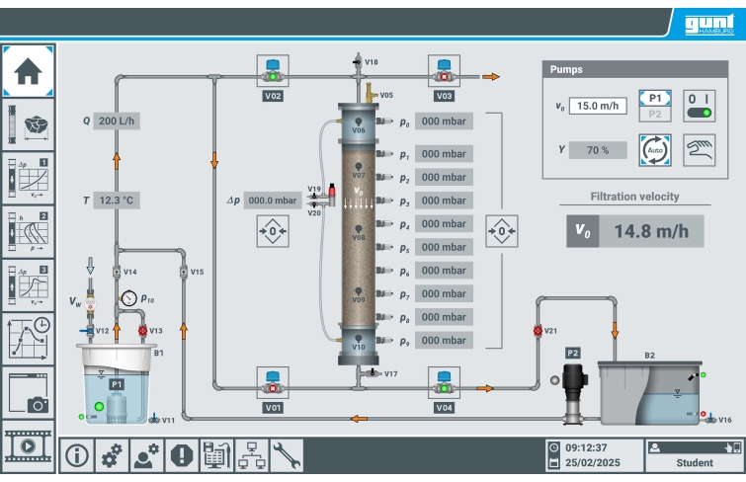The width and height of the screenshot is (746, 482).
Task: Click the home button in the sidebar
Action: click(28, 69)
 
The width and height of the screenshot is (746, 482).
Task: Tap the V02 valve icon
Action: click(273, 71)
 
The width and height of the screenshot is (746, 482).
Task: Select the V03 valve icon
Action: click(444, 71)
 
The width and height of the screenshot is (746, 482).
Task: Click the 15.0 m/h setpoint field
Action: click(598, 106)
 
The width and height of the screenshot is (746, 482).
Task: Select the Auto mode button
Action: click(655, 150)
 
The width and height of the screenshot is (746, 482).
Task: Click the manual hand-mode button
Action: click(699, 150)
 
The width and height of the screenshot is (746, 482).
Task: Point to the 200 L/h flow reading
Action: click(118, 120)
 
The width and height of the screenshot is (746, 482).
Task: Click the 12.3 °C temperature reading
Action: click(117, 200)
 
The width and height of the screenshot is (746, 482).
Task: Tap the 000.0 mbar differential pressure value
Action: click(272, 201)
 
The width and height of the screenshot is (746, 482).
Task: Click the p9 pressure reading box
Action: click(443, 341)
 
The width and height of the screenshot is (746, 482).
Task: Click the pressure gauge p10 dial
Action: click(128, 297)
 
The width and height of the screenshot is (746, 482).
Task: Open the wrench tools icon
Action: click(287, 454)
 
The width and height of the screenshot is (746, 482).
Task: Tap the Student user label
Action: click(694, 462)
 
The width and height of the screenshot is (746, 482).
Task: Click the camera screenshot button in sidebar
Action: click(28, 393)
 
